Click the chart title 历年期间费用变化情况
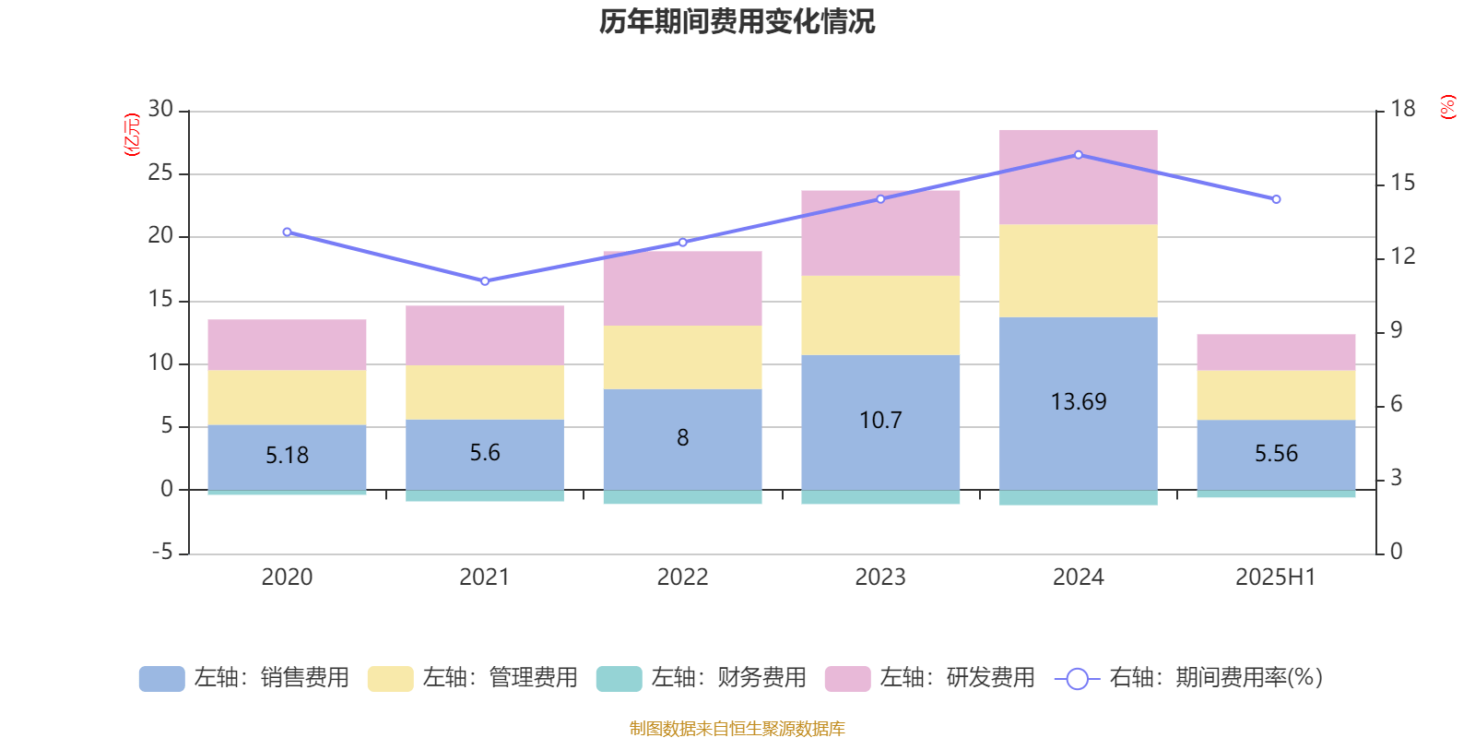pos(737,21)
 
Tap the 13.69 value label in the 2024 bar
pos(1078,402)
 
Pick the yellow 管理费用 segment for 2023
pos(880,315)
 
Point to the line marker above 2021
pos(485,280)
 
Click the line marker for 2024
pos(1079,155)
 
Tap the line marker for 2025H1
pos(1276,199)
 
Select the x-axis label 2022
pos(682,577)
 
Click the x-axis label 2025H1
pos(1276,577)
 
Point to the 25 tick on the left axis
pos(160,173)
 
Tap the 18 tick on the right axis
pos(1402,109)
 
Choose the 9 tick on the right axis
pos(1396,330)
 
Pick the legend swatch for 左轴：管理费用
pos(390,679)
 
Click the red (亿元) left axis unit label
pos(132,135)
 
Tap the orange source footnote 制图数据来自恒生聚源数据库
pos(737,729)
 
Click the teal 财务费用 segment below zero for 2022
pos(682,497)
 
